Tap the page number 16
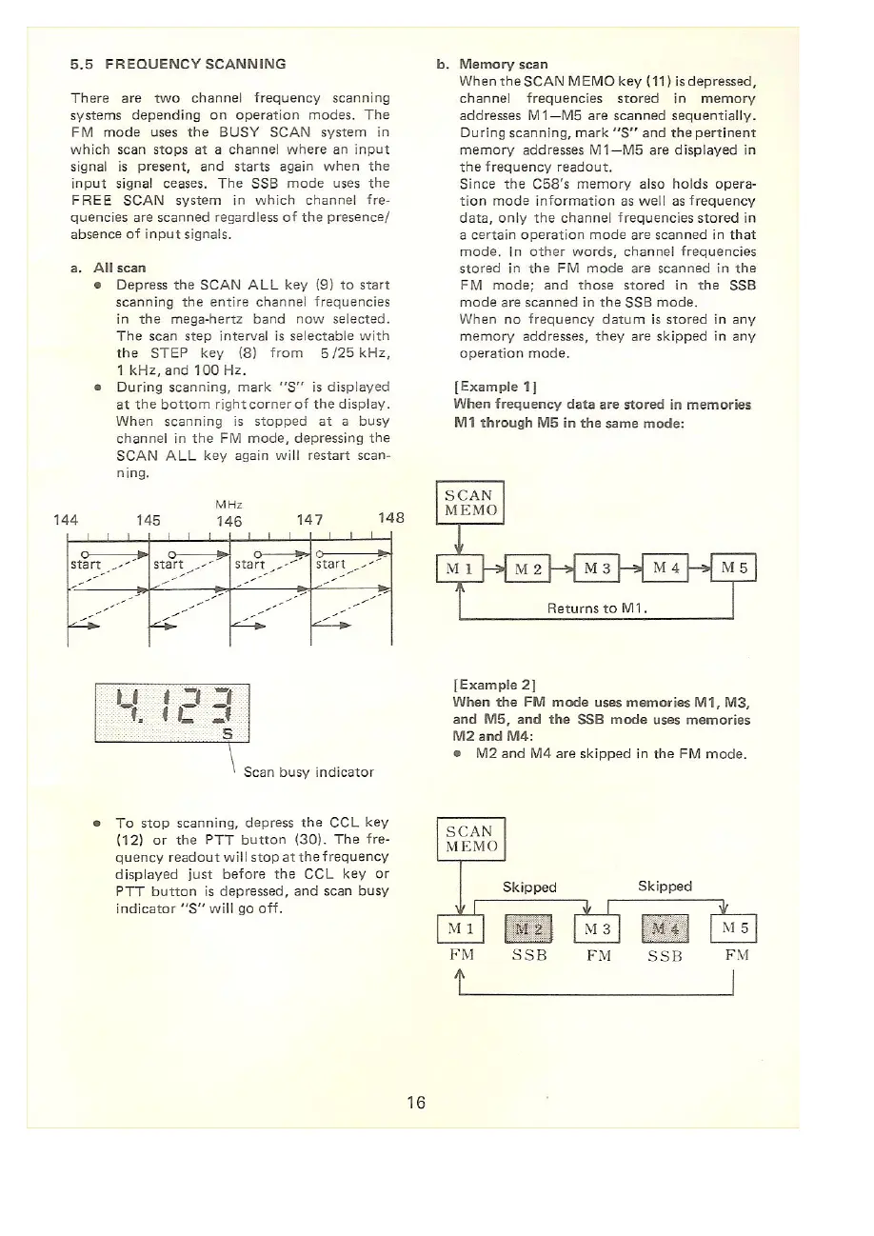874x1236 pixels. click(x=415, y=1103)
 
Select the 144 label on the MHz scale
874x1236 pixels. click(x=66, y=520)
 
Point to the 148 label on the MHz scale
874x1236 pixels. click(x=392, y=519)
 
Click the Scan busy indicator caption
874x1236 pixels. click(x=308, y=771)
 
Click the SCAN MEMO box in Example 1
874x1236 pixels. click(x=468, y=504)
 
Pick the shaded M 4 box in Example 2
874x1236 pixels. click(x=664, y=928)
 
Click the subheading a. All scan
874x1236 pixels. click(x=107, y=269)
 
